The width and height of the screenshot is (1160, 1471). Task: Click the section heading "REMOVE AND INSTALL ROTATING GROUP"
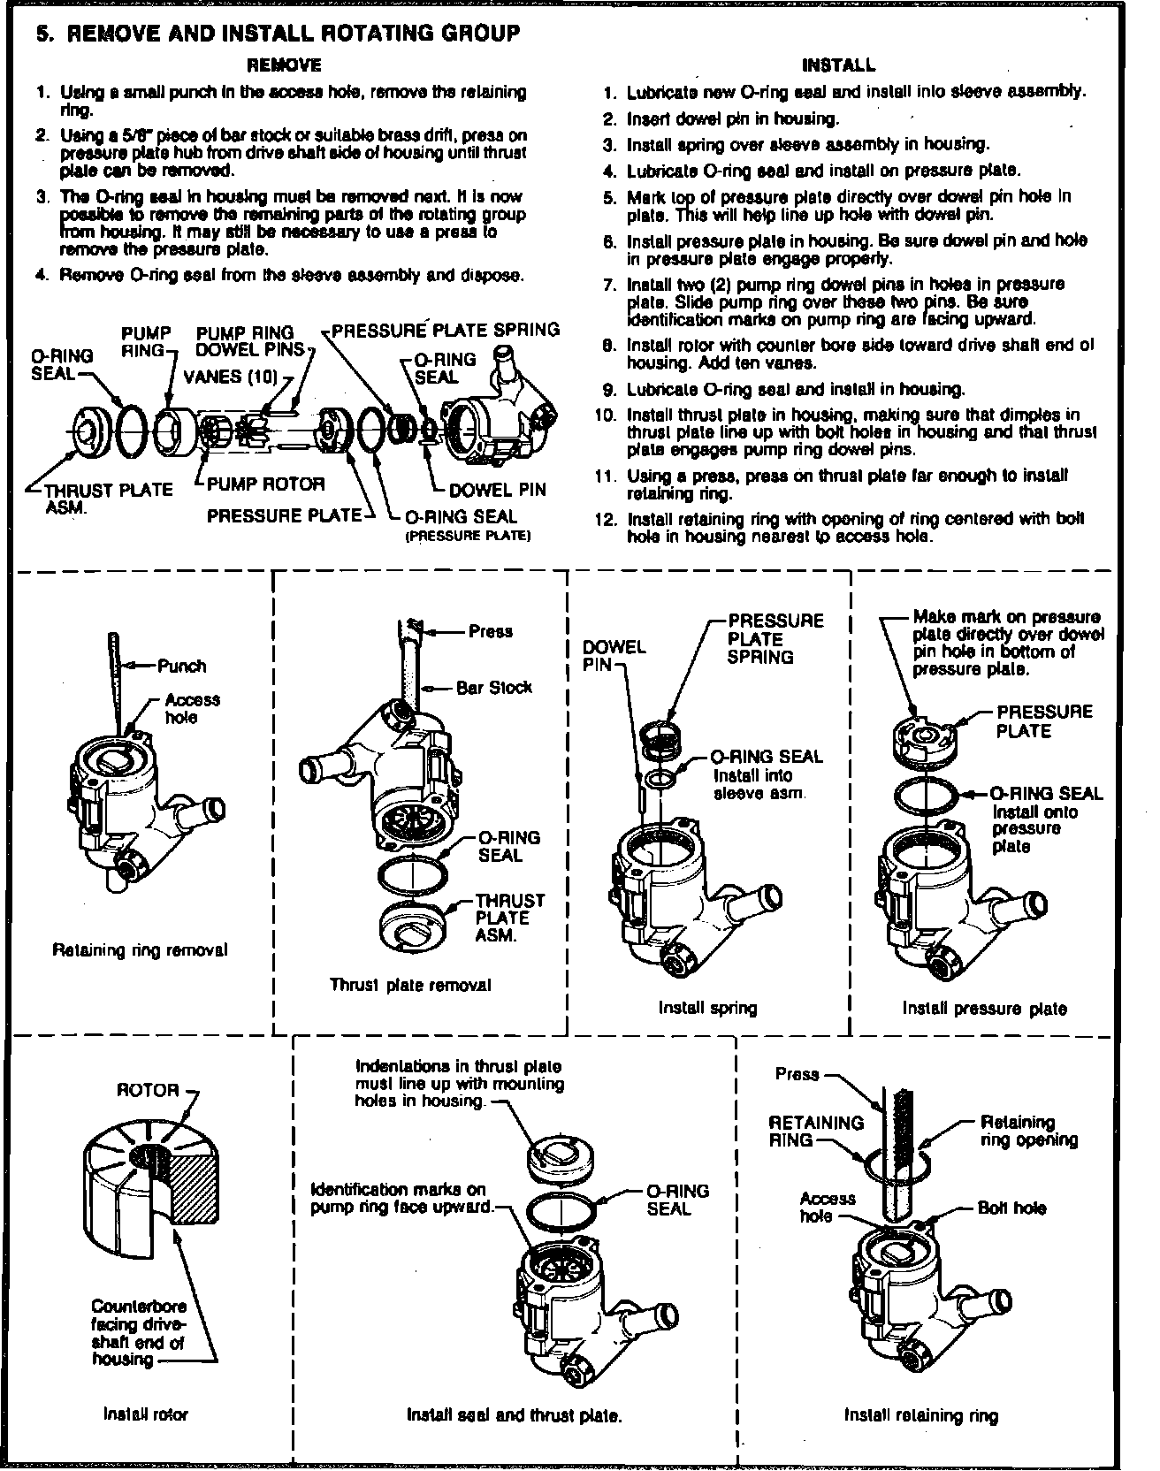294,34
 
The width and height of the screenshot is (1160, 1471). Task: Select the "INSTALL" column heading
838,65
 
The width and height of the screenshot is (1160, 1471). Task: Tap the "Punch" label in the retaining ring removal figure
181,666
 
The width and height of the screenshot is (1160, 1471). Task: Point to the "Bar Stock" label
494,687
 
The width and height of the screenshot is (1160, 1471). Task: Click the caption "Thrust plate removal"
410,984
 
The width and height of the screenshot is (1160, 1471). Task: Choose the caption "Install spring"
707,1007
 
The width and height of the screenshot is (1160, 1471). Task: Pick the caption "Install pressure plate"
984,1008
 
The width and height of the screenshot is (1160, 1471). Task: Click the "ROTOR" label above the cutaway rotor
149,1090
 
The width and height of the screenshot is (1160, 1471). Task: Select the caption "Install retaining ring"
920,1415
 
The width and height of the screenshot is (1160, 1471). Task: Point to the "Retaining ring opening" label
1028,1131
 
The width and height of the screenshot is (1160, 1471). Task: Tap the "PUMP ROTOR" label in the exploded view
266,484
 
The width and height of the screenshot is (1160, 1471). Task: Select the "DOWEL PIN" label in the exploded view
497,489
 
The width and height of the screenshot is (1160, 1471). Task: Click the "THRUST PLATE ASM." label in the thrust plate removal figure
510,918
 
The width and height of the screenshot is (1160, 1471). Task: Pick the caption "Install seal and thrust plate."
514,1415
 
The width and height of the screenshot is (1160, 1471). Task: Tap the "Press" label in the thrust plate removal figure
491,631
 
